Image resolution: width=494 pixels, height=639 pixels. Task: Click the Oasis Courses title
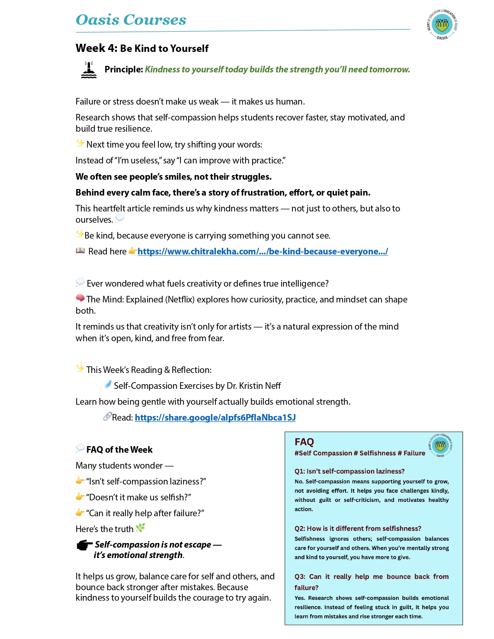(x=131, y=20)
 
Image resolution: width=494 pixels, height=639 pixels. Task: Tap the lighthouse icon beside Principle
(x=89, y=70)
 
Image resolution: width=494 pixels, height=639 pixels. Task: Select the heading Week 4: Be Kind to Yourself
(x=142, y=48)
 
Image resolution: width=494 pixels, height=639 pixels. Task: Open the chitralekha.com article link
(x=262, y=252)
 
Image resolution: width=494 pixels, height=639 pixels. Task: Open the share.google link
(x=215, y=417)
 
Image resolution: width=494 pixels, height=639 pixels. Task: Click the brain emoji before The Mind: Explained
(x=80, y=298)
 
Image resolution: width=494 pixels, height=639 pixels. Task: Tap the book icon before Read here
(x=80, y=251)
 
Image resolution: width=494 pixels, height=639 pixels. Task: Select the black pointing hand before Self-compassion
(x=84, y=545)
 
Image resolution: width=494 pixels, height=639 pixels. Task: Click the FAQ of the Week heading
(x=119, y=450)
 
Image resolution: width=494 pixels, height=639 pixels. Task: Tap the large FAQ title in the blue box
(x=304, y=442)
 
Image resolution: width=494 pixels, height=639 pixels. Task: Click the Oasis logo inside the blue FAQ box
(x=440, y=445)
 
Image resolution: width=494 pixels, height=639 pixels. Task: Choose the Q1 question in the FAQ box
(x=349, y=471)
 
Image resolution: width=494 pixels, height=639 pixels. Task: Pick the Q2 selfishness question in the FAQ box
(x=358, y=529)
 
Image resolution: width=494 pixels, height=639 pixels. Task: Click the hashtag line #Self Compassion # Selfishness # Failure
(x=360, y=453)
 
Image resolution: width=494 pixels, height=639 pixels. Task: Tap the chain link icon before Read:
(x=107, y=417)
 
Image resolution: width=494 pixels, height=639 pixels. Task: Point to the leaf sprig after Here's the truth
(x=140, y=527)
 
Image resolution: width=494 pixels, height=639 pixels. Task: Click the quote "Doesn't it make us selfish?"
(x=138, y=497)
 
